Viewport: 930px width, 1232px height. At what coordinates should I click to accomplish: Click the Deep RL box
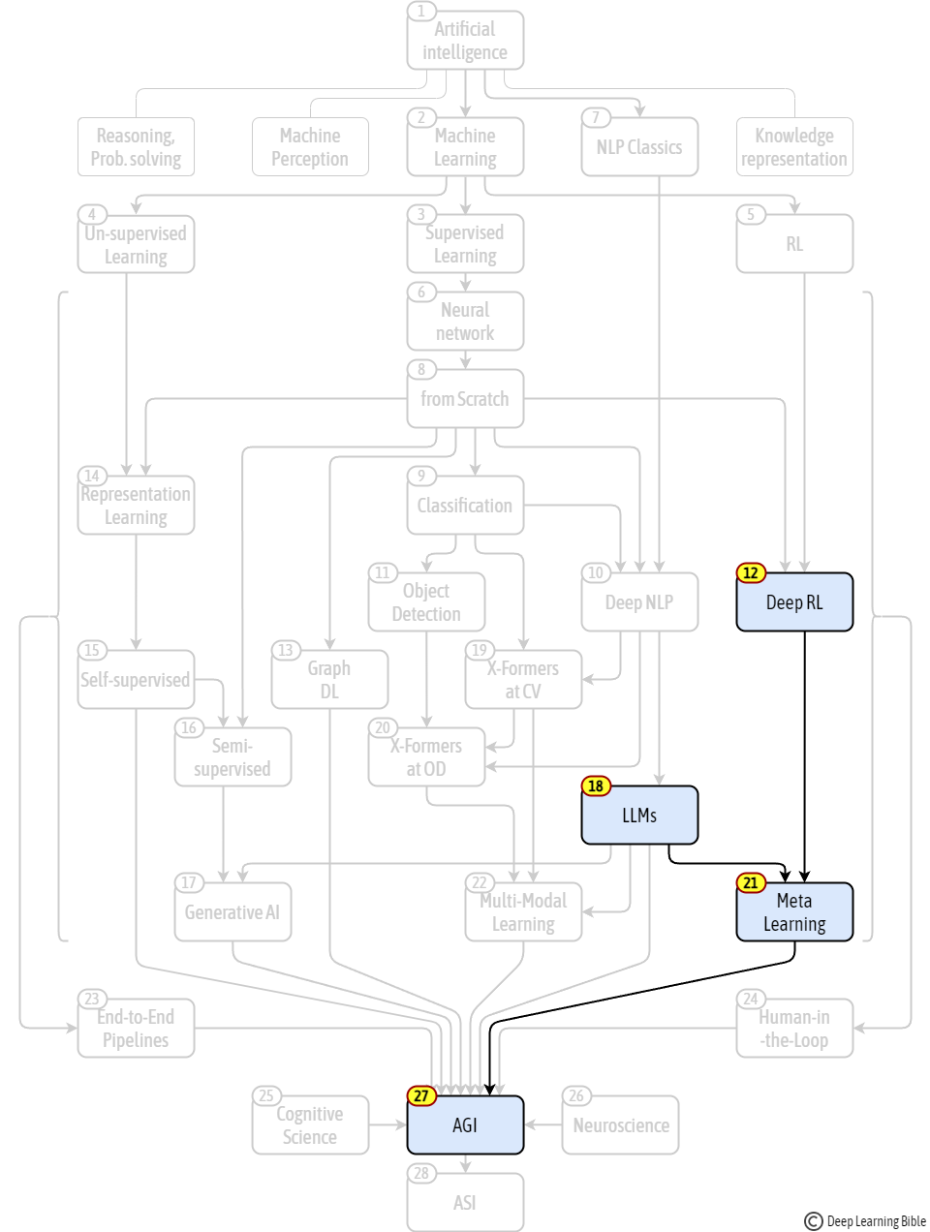click(794, 601)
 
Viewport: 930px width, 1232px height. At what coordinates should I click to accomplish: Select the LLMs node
click(639, 815)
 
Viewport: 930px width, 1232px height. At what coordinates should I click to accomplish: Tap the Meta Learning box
click(794, 911)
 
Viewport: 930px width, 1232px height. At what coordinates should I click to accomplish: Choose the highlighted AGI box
click(465, 1124)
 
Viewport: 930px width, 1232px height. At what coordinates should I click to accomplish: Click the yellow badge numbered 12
click(751, 572)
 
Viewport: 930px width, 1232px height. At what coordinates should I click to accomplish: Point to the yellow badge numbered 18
click(596, 785)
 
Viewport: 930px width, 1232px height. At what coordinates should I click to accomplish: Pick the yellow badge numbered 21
click(751, 883)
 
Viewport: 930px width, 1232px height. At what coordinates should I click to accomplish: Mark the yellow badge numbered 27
click(421, 1095)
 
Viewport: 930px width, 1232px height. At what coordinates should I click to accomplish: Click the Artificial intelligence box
click(465, 41)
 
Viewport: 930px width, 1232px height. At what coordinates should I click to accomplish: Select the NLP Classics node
click(639, 147)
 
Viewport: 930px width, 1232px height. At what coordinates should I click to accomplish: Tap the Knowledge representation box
click(794, 147)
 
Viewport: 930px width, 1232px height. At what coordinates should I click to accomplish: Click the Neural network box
click(465, 321)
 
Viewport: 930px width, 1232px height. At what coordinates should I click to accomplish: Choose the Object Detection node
click(426, 601)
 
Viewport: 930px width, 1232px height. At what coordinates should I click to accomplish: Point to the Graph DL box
click(329, 679)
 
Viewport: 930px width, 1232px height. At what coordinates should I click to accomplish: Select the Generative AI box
click(232, 911)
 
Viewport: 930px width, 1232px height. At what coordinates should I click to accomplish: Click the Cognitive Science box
click(310, 1124)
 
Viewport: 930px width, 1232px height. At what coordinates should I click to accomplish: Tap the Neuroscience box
click(620, 1124)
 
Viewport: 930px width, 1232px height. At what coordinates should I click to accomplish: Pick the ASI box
click(465, 1202)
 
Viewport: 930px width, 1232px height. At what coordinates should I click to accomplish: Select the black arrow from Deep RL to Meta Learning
click(804, 756)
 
